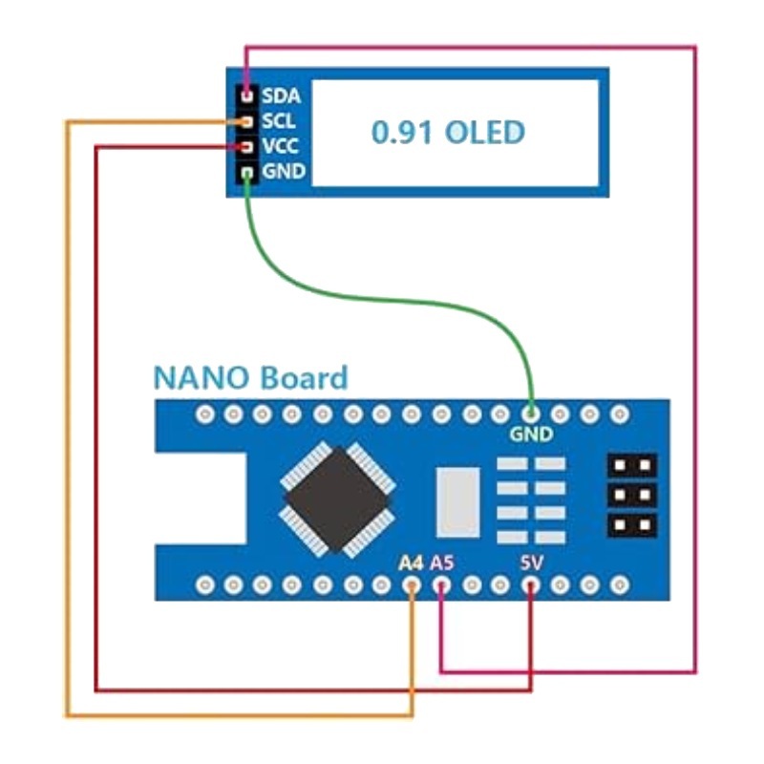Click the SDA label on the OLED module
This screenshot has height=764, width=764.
[281, 95]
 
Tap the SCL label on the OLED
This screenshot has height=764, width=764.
[279, 121]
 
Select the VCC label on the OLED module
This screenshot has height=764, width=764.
[280, 146]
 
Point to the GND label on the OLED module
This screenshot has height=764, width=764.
[284, 172]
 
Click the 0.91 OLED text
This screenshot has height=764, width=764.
[448, 132]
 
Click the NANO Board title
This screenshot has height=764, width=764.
[251, 378]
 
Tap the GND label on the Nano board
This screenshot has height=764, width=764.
[531, 435]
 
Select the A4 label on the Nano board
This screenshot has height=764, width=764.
[411, 563]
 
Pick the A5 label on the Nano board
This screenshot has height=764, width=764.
[442, 563]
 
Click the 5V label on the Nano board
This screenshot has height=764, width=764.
[531, 563]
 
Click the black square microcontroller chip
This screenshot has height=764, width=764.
[337, 499]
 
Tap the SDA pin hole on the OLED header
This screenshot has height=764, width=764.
[247, 95]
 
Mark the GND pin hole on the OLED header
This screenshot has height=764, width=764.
[247, 172]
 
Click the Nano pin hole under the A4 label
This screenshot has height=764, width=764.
[412, 584]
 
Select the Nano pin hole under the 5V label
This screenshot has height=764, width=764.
[531, 584]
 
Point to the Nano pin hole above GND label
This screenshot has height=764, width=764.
[531, 414]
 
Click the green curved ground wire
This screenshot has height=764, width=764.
[390, 300]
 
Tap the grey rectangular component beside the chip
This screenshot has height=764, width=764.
[457, 502]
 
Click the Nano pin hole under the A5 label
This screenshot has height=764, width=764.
[441, 584]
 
